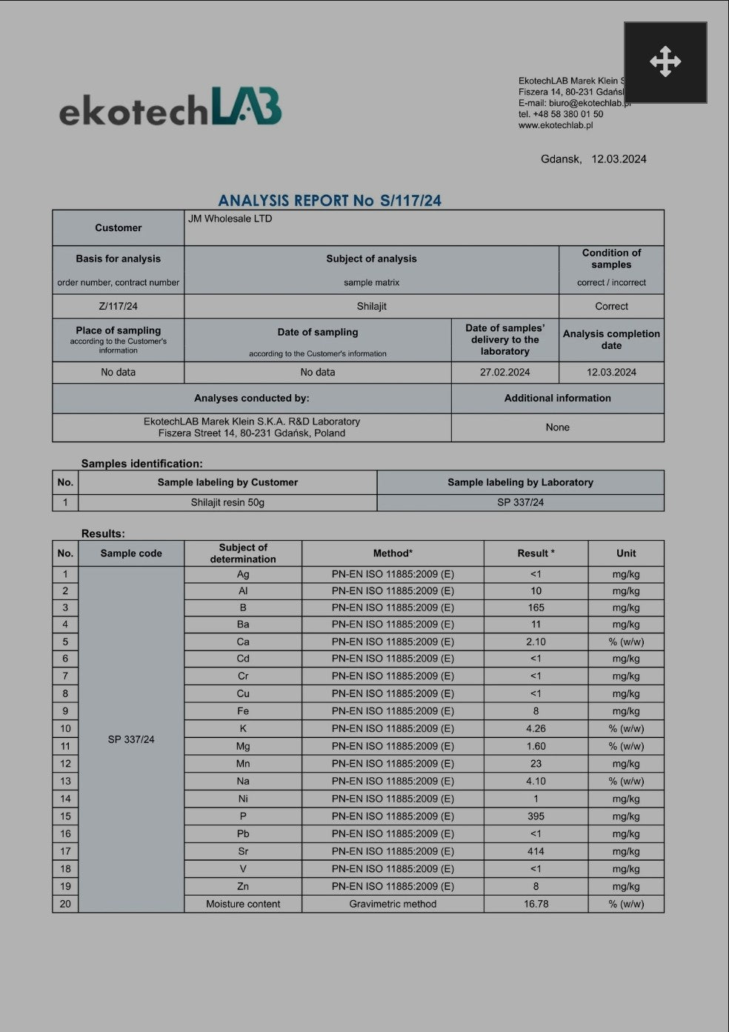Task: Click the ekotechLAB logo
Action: pos(170,107)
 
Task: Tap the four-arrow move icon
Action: pos(665,61)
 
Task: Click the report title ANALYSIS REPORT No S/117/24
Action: pos(330,200)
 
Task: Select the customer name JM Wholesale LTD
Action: pos(230,219)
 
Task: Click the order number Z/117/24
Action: pos(118,306)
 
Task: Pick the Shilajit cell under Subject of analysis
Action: pos(371,306)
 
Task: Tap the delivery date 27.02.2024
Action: pos(505,372)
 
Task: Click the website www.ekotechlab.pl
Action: pos(556,125)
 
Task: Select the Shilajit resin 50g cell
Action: pos(227,502)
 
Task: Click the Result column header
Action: pos(536,553)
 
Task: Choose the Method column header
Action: pos(393,553)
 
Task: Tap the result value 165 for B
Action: pos(536,607)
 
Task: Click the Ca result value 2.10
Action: pos(536,642)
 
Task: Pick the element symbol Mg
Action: pos(243,746)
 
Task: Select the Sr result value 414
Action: pos(536,851)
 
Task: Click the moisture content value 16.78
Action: pos(536,904)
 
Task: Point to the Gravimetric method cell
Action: pos(393,904)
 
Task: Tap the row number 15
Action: pos(65,816)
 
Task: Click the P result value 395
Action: pos(536,816)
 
